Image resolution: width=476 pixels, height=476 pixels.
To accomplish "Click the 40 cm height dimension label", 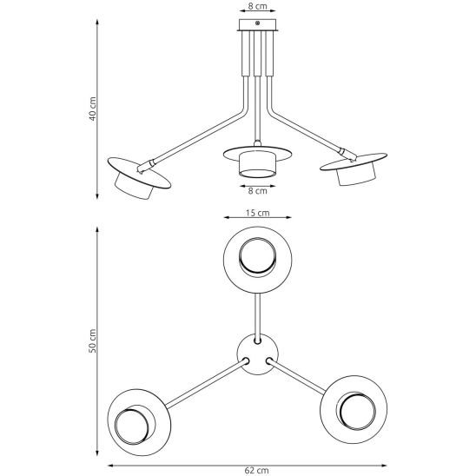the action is (93, 109).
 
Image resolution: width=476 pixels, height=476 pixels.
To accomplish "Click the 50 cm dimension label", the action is (93, 340).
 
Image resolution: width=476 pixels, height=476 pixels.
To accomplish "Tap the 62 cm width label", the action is (256, 471).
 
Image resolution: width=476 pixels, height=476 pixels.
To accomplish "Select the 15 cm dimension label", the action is (257, 213).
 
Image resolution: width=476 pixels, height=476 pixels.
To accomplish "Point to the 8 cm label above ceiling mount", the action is (257, 6).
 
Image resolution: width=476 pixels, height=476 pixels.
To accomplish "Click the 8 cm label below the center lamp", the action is (257, 190).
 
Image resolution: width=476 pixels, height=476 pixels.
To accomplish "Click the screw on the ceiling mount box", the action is (257, 23).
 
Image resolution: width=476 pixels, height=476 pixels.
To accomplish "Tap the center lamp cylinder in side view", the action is (257, 165).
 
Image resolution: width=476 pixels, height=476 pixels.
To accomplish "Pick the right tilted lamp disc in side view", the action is (354, 162).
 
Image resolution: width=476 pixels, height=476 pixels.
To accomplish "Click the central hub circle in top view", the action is (257, 354).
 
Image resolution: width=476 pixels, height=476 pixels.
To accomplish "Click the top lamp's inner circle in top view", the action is (257, 257).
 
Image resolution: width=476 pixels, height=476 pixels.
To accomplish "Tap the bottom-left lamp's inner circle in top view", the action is (132, 426).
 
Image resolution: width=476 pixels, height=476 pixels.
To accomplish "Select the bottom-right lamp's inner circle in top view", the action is (357, 412).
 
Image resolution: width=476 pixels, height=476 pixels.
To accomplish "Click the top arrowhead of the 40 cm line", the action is (97, 23).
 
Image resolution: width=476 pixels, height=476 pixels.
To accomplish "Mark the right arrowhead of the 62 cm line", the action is (384, 465).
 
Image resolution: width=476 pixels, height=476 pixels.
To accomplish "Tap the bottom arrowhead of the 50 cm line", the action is (97, 453).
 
